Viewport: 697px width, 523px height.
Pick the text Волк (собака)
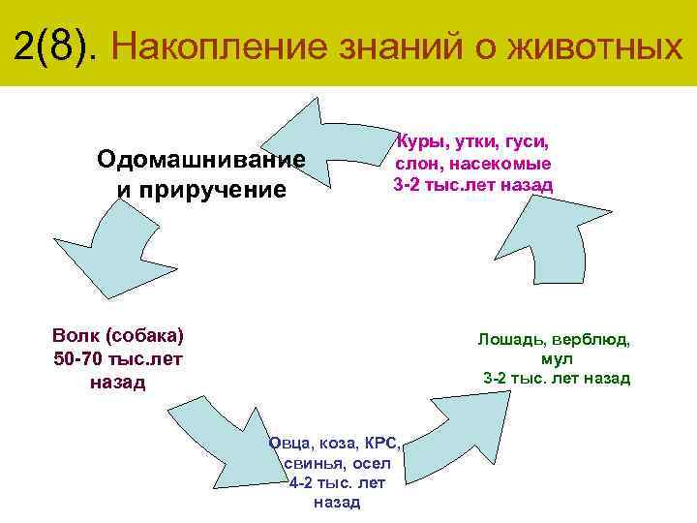[x=118, y=336]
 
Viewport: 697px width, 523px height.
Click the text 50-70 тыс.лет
[x=118, y=359]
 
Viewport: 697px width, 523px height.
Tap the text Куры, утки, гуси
[x=471, y=141]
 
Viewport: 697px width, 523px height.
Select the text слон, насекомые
[x=472, y=164]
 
